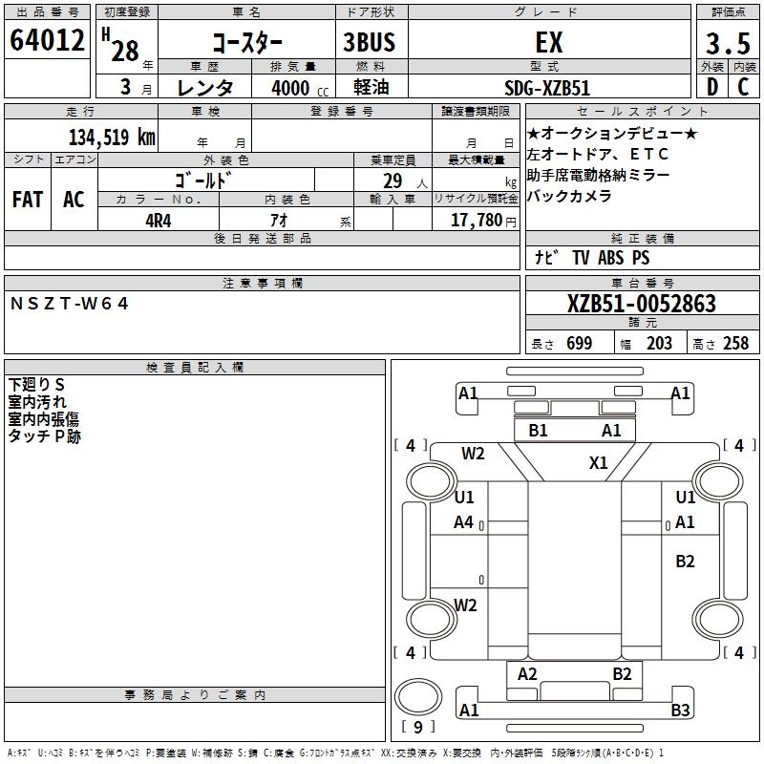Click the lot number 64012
47,41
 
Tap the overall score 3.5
727,45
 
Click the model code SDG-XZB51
547,88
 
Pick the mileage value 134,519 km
112,137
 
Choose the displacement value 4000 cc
291,88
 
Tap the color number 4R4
159,220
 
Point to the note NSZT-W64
69,303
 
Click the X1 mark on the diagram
599,463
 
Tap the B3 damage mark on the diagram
680,710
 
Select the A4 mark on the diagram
464,522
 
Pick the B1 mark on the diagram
539,431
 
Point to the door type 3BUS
369,43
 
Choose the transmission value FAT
28,200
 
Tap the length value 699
579,344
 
